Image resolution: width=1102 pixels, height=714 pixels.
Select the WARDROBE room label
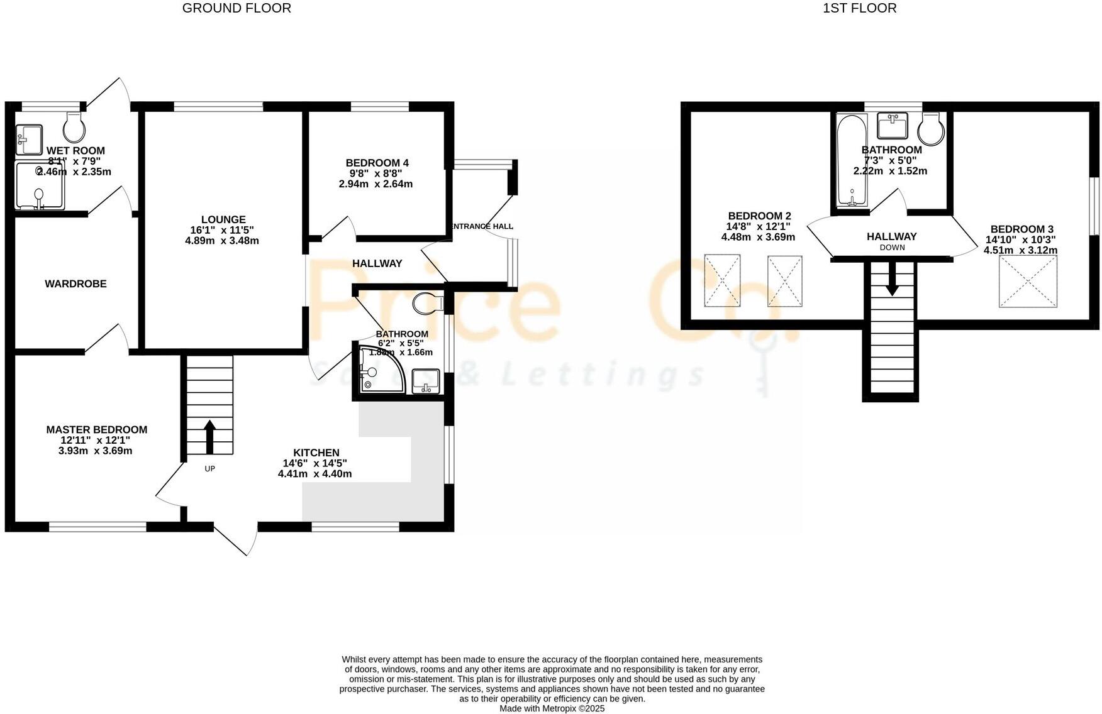[x=75, y=284]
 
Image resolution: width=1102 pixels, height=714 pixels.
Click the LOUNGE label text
[x=223, y=220]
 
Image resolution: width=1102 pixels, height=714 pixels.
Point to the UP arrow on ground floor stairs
[x=209, y=437]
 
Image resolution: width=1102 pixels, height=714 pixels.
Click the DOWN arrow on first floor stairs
[x=892, y=280]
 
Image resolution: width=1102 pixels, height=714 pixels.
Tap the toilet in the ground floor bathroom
[x=428, y=304]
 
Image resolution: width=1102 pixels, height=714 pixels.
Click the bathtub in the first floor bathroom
[x=852, y=160]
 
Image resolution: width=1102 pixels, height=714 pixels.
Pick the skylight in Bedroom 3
[x=1028, y=281]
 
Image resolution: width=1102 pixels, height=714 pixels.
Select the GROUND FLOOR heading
[x=237, y=8]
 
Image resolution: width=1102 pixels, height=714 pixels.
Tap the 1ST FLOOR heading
[x=859, y=8]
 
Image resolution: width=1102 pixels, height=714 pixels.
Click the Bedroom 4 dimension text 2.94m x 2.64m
[x=376, y=184]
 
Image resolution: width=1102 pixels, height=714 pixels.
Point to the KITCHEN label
[x=316, y=453]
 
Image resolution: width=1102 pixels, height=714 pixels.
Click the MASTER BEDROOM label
[x=97, y=430]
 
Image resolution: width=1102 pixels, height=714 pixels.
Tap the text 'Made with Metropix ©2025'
[x=552, y=708]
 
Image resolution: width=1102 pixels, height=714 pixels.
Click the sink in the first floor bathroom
[x=893, y=126]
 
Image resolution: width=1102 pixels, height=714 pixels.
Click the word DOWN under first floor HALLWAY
[x=892, y=248]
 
